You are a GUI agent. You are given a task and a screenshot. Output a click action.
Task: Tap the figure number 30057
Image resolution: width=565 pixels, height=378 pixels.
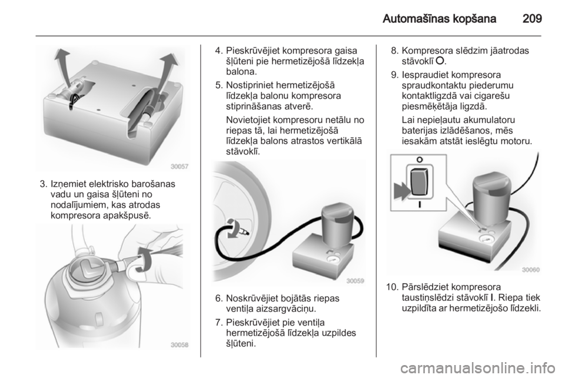coord(180,167)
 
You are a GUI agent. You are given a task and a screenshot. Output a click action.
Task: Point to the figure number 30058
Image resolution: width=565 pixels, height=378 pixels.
coord(180,345)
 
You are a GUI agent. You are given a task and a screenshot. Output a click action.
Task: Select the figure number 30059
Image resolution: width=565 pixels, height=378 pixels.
coord(355,281)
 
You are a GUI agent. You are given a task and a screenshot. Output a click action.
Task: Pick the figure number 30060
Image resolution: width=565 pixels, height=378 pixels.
coord(531,270)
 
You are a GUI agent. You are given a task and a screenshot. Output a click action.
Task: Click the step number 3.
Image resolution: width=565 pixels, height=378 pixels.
coord(43,184)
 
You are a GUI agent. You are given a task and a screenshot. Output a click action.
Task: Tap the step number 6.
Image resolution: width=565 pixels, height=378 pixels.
coord(218,299)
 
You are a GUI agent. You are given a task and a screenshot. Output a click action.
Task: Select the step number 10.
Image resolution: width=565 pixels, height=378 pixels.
coord(391,287)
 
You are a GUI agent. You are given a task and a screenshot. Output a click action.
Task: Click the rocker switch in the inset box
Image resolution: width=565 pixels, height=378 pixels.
coord(420,181)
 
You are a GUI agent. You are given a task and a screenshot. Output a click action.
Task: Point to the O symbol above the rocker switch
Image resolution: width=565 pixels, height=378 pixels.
coord(420,160)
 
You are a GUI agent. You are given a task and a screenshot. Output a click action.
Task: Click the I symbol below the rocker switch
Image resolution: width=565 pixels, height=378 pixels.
coord(420,204)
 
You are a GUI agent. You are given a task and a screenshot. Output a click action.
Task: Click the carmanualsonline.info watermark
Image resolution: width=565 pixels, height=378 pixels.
coord(478,369)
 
